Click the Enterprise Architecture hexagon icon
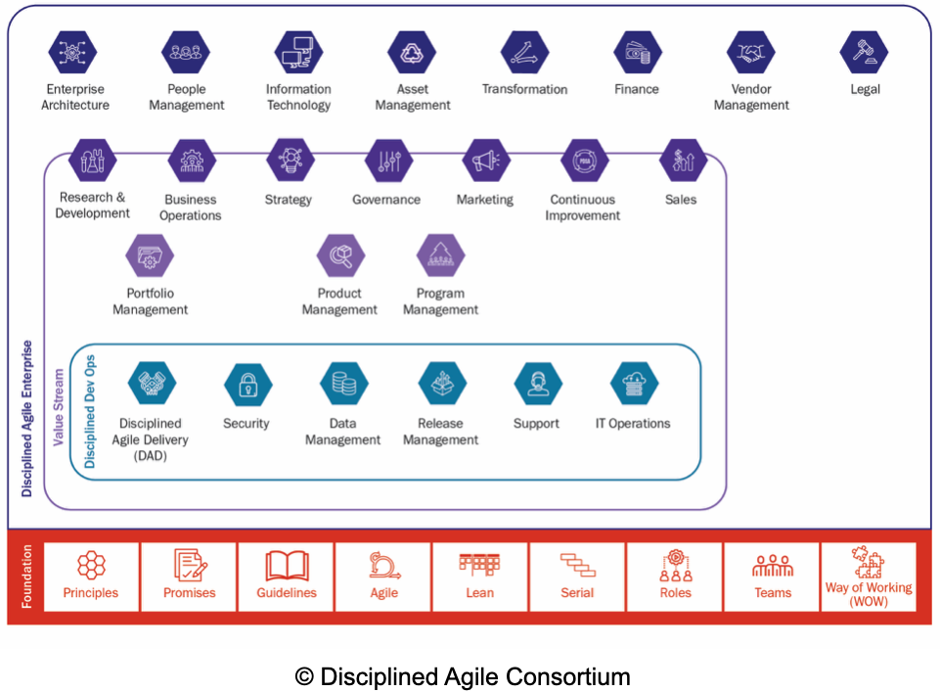(74, 53)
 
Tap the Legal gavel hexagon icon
(864, 53)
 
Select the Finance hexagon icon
(637, 53)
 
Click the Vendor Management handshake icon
(751, 53)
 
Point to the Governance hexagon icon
(388, 161)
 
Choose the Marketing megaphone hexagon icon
(485, 161)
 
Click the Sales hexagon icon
(682, 161)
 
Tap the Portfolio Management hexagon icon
(150, 256)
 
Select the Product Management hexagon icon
(340, 256)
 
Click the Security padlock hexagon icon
(246, 385)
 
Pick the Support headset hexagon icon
(537, 385)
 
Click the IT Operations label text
(633, 424)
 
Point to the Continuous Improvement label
(583, 208)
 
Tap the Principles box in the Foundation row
(91, 577)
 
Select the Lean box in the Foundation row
(479, 577)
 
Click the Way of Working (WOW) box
(868, 577)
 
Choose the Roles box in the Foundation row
(675, 577)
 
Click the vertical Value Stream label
(59, 407)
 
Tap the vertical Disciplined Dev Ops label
(90, 410)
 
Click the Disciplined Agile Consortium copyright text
(463, 676)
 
